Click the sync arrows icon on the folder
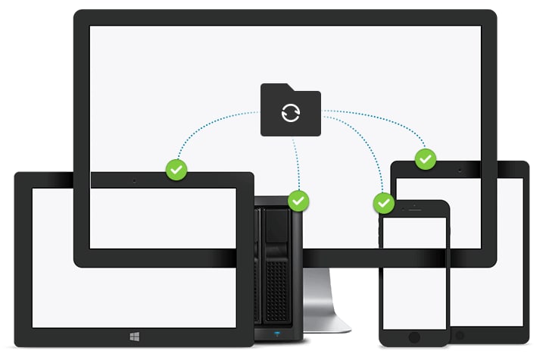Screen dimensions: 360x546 [290, 113]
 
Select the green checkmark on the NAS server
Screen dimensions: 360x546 [300, 201]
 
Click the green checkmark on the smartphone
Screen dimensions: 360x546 [384, 203]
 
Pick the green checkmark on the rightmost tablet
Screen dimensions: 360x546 [426, 159]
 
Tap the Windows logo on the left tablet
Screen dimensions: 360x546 [133, 333]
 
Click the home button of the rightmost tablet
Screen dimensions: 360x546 [459, 333]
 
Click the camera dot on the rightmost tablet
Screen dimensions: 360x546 [460, 171]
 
